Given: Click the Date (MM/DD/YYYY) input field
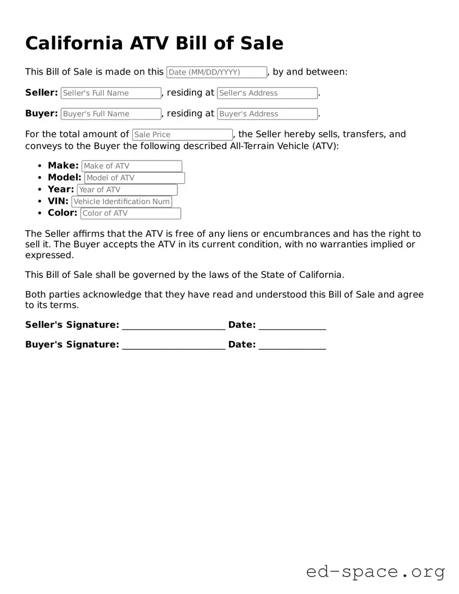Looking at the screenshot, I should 216,72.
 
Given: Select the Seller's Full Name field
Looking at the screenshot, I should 111,93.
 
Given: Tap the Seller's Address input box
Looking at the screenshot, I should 267,93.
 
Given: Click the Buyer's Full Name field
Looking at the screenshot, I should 111,114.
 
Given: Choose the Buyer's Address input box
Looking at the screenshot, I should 267,114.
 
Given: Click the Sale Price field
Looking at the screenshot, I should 182,134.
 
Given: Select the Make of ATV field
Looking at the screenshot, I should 132,166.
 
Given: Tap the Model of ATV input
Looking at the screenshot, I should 134,178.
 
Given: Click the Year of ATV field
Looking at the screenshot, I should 127,190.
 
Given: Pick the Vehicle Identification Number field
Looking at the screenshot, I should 122,201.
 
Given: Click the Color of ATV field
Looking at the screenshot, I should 131,213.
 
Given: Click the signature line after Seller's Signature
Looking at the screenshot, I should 173,325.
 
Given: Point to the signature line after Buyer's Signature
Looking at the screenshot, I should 173,345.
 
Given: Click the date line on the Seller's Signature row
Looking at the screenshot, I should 292,325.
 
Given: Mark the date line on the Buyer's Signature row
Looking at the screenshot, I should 292,345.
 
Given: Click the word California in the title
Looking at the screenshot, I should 74,43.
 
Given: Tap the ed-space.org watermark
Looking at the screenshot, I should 375,572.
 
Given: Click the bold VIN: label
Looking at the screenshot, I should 58,201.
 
